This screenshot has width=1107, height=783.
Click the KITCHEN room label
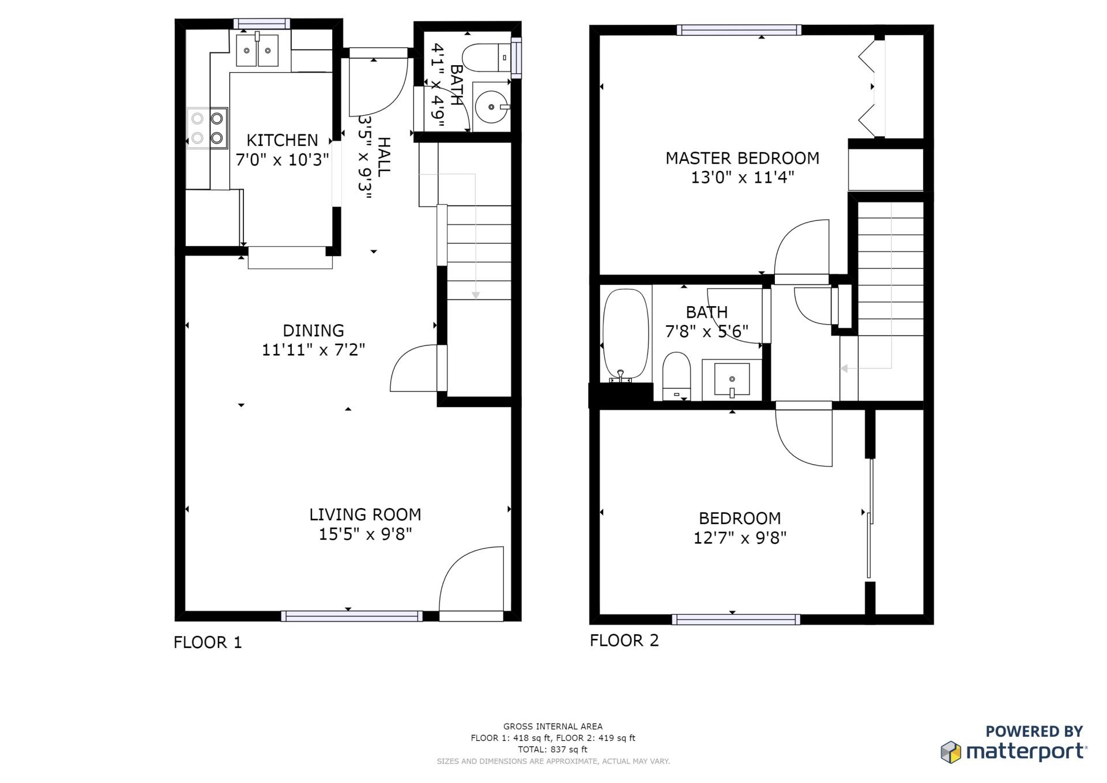282,140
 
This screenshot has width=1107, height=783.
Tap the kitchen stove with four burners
207,128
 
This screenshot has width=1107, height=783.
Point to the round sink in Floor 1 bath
491,107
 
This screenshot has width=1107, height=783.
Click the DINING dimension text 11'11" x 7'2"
313,349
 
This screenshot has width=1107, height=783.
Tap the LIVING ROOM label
365,514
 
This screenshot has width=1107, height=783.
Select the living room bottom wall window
352,616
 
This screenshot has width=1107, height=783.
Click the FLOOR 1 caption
208,642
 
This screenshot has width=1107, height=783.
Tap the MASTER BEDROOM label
742,158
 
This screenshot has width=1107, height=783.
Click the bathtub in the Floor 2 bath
626,334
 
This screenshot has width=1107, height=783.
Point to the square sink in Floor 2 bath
732,379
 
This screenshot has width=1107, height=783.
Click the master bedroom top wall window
739,30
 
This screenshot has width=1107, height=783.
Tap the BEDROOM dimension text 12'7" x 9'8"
740,537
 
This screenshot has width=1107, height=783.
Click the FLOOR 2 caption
624,641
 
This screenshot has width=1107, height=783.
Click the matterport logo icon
951,752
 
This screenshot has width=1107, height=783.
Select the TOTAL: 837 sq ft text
552,750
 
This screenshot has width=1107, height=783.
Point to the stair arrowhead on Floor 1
476,295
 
